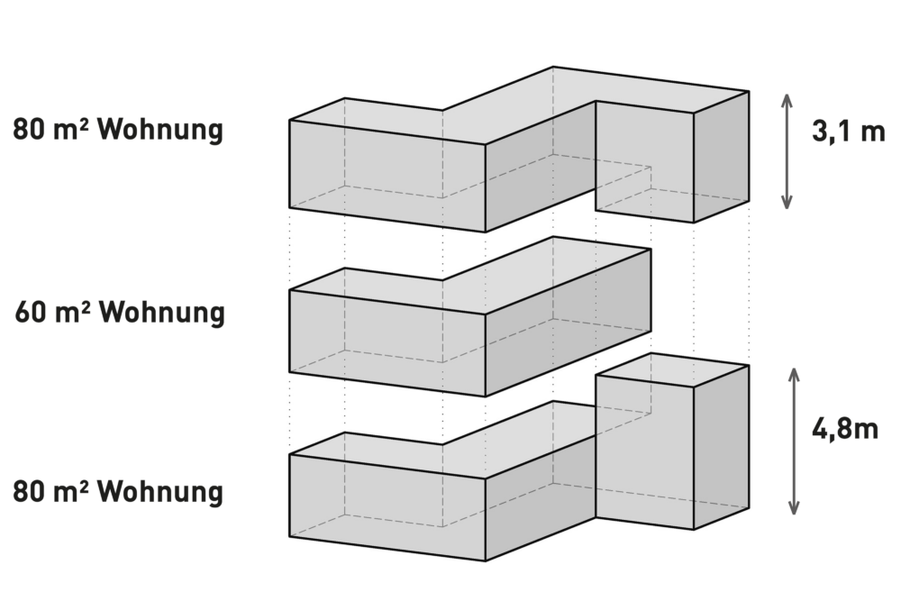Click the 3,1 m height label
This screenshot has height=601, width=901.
(x=848, y=132)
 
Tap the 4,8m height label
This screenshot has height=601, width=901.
(x=845, y=428)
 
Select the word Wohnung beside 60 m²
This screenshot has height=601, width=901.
(x=161, y=313)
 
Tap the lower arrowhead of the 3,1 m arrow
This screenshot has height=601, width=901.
(x=787, y=202)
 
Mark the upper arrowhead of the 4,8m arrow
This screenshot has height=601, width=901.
(x=794, y=375)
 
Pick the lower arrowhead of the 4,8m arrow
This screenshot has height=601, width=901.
(x=794, y=507)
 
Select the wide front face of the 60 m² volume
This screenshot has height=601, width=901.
(x=387, y=343)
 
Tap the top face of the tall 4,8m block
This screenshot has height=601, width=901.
(x=673, y=369)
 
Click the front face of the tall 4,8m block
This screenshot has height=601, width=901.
(x=645, y=451)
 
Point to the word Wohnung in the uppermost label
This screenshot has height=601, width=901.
(x=160, y=130)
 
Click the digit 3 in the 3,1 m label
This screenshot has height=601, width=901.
(x=819, y=132)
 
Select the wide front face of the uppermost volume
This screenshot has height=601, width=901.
(x=387, y=175)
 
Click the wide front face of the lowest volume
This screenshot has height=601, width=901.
(x=387, y=506)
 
